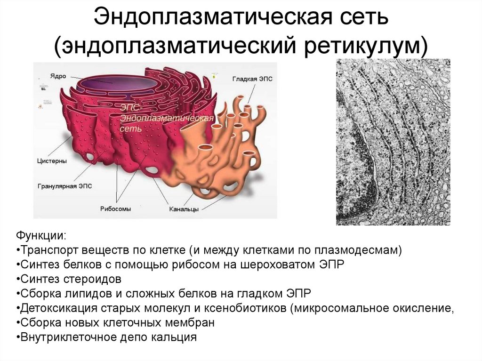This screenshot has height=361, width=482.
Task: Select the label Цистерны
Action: click(x=52, y=161)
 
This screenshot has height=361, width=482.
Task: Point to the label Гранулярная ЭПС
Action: click(x=65, y=186)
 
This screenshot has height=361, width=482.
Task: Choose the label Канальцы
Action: click(x=184, y=209)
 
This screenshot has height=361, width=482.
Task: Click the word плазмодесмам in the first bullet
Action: click(x=361, y=250)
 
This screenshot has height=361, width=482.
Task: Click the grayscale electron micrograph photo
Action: click(x=393, y=142)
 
